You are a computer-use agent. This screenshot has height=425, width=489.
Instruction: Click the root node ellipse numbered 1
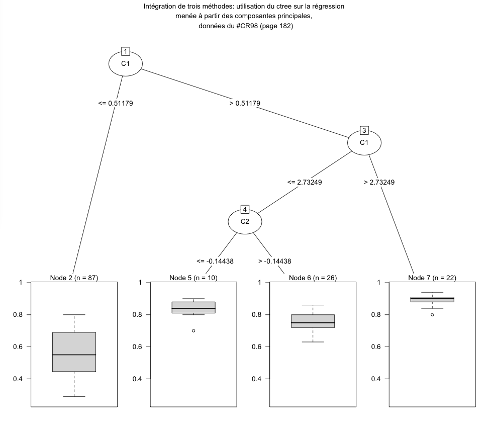[x=126, y=63]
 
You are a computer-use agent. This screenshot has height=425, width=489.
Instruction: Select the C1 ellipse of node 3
[x=364, y=143]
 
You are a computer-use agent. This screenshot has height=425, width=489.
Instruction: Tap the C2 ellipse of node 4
[x=245, y=221]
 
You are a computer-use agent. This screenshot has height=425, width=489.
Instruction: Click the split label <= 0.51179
[x=116, y=103]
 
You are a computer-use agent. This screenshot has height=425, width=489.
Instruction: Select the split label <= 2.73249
[x=305, y=182]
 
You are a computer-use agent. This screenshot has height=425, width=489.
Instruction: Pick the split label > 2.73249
[x=378, y=182]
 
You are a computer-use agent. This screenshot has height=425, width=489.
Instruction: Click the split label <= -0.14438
[x=215, y=261]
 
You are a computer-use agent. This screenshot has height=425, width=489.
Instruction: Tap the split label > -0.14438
[x=274, y=261]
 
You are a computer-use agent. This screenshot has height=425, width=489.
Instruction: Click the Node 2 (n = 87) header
[x=74, y=278]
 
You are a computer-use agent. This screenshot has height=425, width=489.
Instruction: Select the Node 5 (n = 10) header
[x=193, y=278]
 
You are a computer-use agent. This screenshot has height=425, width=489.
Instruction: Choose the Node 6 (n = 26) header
[x=313, y=278]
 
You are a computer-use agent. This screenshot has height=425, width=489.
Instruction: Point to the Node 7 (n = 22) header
[x=432, y=278]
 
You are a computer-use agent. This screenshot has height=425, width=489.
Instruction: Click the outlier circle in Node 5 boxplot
[x=193, y=330]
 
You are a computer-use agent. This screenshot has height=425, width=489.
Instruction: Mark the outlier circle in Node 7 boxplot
[x=432, y=314]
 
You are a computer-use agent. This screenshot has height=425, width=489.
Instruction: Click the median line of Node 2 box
[x=74, y=355]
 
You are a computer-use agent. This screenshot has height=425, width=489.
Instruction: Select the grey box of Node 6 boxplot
[x=313, y=321]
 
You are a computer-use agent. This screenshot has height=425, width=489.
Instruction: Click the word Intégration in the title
[x=161, y=7]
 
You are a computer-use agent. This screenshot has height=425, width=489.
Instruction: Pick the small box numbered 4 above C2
[x=245, y=209]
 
